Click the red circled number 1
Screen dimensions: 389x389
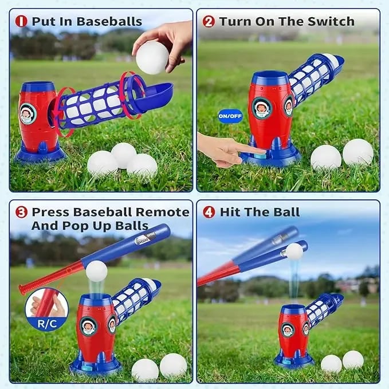click(21, 22)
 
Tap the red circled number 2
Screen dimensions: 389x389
click(209, 22)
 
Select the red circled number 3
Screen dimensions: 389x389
click(21, 213)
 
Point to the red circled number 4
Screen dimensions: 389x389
click(209, 213)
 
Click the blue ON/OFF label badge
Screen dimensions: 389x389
click(230, 116)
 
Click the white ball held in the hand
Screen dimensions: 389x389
click(152, 57)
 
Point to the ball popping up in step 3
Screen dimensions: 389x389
click(96, 271)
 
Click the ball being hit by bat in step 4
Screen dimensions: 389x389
click(294, 252)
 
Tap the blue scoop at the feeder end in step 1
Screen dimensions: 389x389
click(156, 95)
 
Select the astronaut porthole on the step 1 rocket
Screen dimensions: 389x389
click(27, 113)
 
